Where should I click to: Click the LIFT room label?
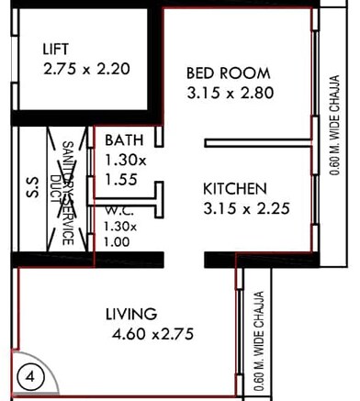point(60,48)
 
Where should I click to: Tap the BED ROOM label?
point(228,73)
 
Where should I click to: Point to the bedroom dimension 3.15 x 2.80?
point(231,93)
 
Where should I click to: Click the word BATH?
point(122,140)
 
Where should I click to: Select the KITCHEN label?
point(235,188)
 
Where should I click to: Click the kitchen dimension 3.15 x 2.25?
point(246,208)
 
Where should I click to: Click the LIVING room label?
point(130,314)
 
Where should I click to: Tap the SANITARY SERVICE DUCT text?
point(67,193)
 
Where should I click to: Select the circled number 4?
point(30,375)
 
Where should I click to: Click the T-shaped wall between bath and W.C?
point(158,197)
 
